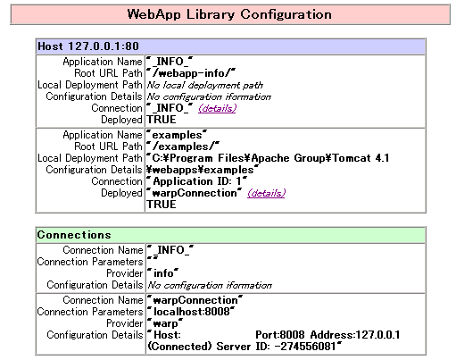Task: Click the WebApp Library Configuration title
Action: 229,14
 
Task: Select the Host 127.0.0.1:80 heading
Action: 88,46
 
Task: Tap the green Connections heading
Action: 74,235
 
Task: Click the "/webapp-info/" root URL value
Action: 191,73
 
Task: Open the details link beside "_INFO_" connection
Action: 217,108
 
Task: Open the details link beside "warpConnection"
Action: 266,193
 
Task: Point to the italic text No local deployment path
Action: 205,85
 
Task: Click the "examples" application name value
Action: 177,135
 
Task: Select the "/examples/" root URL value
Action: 183,147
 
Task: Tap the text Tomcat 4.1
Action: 361,158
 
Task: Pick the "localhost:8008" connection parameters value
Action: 191,312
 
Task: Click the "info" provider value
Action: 163,273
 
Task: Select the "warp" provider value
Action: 165,323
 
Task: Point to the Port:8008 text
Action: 279,335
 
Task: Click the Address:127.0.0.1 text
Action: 355,335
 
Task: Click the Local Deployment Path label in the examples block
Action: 90,158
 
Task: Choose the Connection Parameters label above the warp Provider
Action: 90,312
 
